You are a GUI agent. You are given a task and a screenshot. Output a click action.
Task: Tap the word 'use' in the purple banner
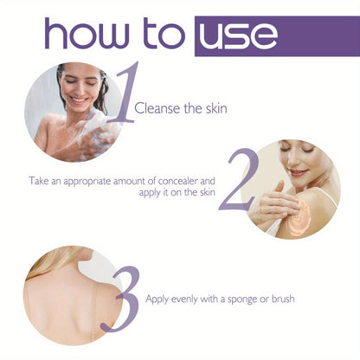[x=237, y=35]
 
